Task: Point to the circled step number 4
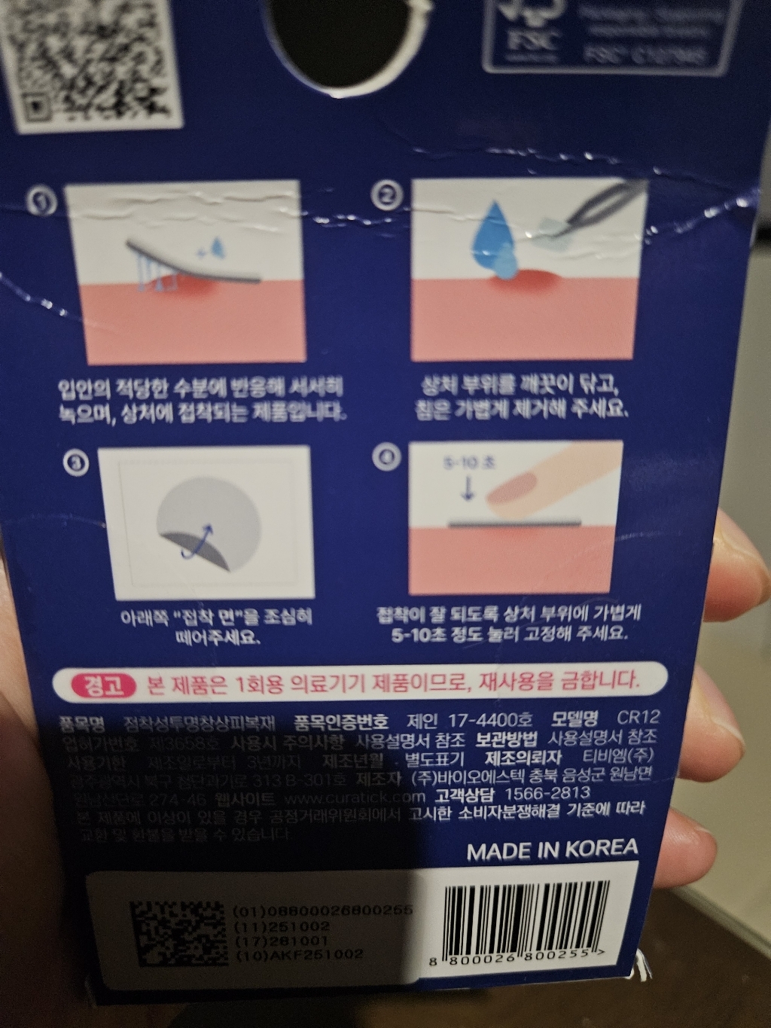[387, 457]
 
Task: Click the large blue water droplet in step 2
[495, 234]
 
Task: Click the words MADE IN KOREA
[552, 850]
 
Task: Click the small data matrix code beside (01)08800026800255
[178, 933]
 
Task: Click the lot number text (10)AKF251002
[299, 954]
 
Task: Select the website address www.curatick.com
[357, 797]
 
